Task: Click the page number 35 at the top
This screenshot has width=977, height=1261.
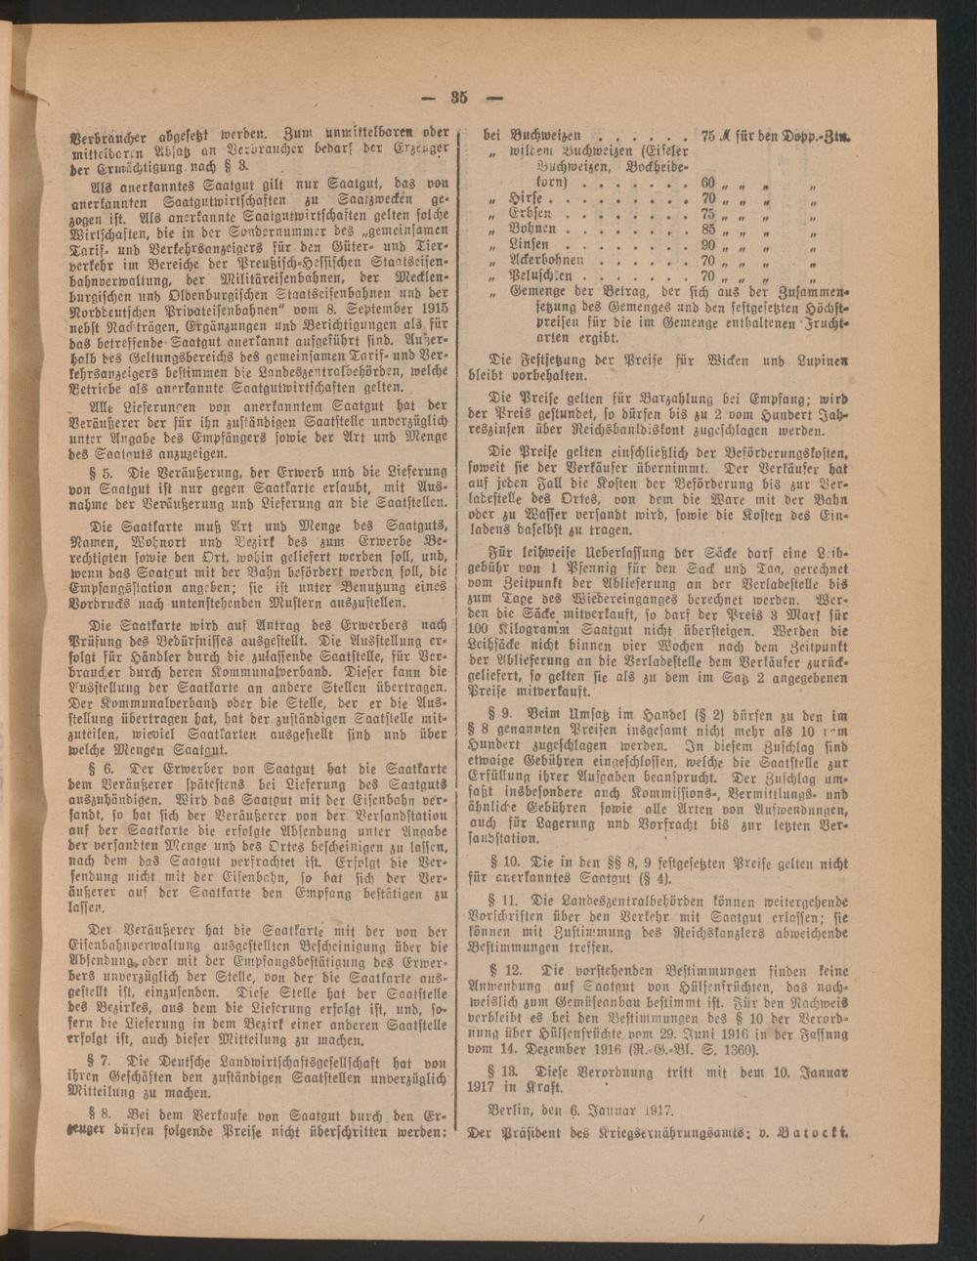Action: pos(461,96)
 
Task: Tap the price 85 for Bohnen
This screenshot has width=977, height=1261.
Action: pos(709,230)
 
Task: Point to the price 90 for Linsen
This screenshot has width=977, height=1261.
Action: pos(709,245)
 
